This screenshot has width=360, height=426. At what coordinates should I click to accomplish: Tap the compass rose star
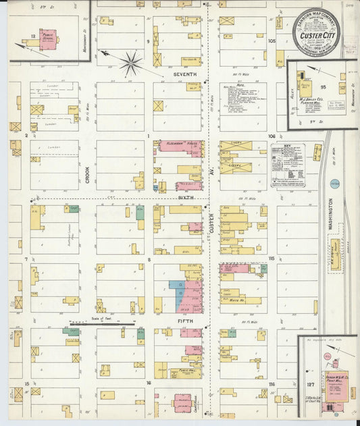point(130,63)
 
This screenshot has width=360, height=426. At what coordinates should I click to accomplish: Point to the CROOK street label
point(87,174)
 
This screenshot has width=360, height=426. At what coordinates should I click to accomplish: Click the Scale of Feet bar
point(102,325)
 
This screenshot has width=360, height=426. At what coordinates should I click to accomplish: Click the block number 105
point(272,41)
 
